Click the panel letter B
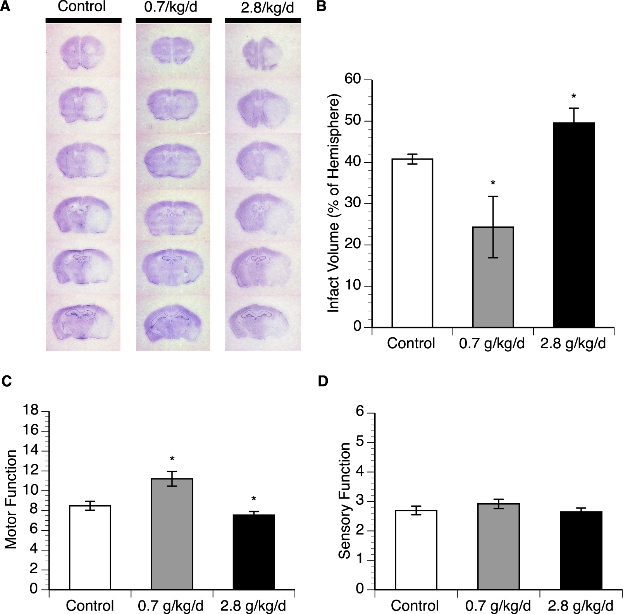(x=321, y=7)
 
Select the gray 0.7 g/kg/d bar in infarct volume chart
(x=493, y=277)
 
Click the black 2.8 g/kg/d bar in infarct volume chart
(x=573, y=225)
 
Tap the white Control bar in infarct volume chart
(x=412, y=243)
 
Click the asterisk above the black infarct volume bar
(x=574, y=96)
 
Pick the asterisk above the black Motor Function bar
(x=254, y=499)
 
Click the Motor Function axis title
(x=12, y=499)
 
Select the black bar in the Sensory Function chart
(x=581, y=550)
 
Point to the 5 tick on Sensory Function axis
(x=360, y=442)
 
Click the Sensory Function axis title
(x=344, y=500)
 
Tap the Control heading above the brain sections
(x=81, y=7)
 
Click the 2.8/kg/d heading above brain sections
(x=267, y=8)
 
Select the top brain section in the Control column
(x=82, y=53)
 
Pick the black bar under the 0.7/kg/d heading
(x=173, y=20)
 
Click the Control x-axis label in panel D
(x=415, y=605)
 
